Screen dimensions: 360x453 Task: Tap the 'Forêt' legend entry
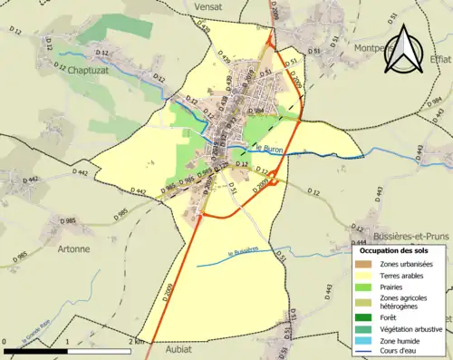click(389, 316)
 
